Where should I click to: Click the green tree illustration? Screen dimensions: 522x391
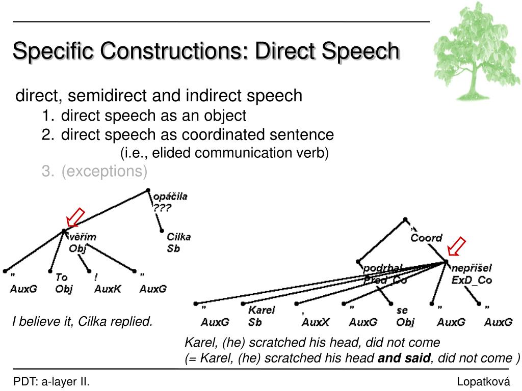(476, 51)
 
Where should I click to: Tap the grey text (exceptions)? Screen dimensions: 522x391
(104, 172)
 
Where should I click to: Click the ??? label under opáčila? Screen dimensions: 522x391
(162, 208)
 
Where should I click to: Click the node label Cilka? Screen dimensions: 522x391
(178, 237)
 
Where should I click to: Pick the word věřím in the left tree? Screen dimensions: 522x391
(82, 237)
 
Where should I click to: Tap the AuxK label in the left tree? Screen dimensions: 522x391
(108, 289)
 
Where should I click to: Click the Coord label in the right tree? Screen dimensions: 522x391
(427, 238)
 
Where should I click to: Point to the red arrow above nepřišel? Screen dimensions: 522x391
(457, 246)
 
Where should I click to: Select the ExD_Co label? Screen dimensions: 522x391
(472, 281)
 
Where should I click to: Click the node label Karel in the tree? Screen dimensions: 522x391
(262, 310)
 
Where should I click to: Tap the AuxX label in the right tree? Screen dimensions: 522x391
(316, 322)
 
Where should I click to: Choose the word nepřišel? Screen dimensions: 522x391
(472, 268)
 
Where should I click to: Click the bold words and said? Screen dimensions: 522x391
(404, 358)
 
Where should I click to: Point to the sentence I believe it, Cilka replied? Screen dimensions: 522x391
(83, 322)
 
